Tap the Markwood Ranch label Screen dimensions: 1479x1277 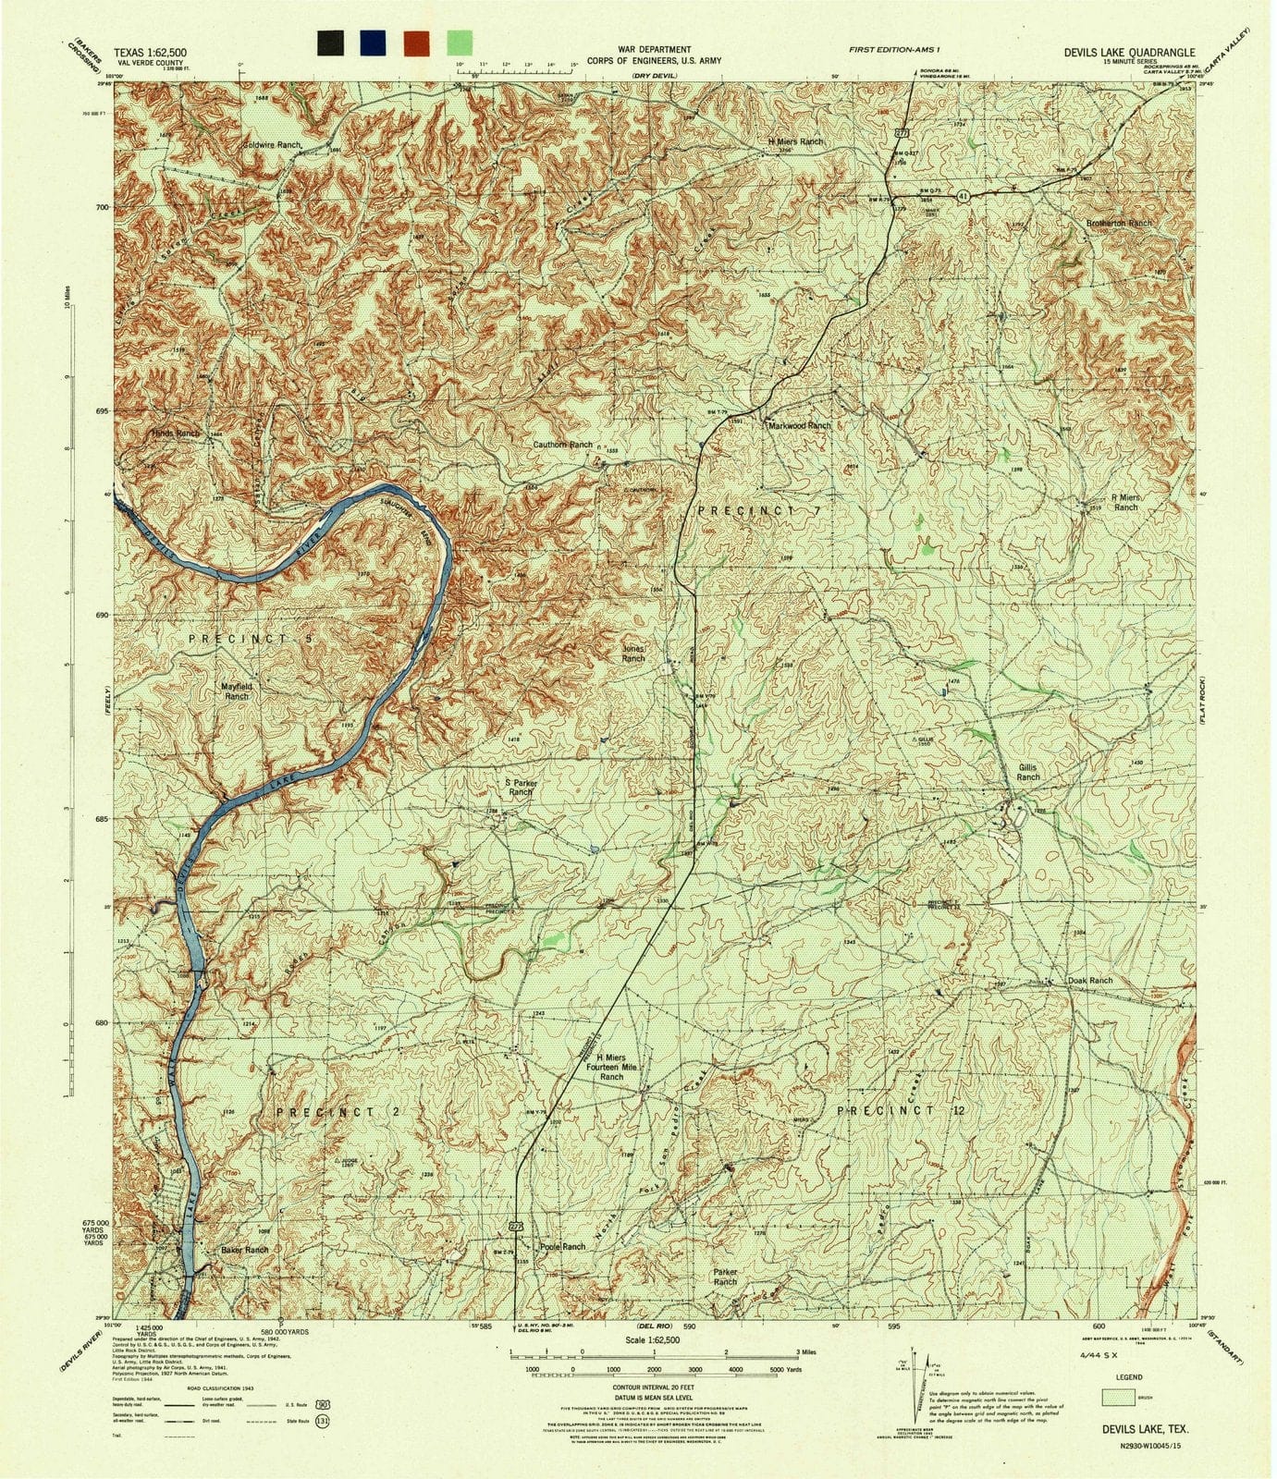(799, 425)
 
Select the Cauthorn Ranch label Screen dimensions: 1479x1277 (562, 445)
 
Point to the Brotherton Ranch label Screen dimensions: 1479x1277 (1119, 224)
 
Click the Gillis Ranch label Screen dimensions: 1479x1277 (1027, 772)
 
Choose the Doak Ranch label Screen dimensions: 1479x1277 (1089, 980)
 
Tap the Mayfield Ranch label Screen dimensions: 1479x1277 (237, 691)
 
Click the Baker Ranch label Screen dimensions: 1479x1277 (244, 1250)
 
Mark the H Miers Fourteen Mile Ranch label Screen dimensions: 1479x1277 (610, 1068)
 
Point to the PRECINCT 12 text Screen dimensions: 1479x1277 (900, 1109)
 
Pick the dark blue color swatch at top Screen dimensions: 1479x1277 (374, 43)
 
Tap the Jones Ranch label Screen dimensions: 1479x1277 (632, 654)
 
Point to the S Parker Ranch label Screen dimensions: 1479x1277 (521, 787)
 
